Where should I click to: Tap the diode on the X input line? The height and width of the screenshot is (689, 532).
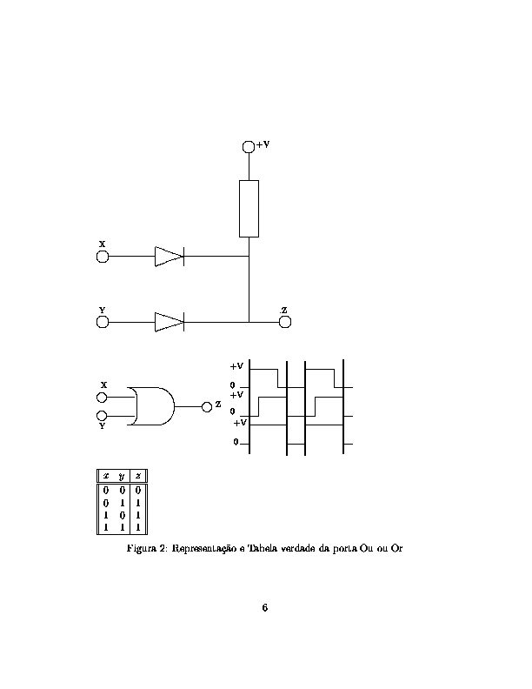click(x=170, y=256)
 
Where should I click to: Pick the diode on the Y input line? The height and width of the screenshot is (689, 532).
click(x=170, y=322)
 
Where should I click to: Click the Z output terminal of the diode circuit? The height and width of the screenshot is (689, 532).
click(x=285, y=322)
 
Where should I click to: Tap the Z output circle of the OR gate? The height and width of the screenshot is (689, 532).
click(x=207, y=407)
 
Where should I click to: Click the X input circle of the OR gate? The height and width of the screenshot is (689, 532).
click(x=102, y=398)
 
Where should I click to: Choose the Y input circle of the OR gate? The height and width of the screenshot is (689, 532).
click(x=102, y=416)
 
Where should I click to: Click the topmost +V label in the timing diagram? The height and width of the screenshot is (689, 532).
click(x=236, y=366)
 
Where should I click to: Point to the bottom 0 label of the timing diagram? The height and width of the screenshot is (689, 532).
click(x=236, y=442)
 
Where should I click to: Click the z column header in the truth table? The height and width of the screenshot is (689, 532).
click(x=138, y=476)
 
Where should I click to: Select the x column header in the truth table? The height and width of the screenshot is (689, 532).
click(x=106, y=476)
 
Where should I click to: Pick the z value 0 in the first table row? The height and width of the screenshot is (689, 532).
click(x=138, y=491)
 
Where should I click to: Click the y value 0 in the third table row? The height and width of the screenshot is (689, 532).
click(x=122, y=515)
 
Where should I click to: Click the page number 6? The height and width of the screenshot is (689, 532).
click(x=264, y=608)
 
